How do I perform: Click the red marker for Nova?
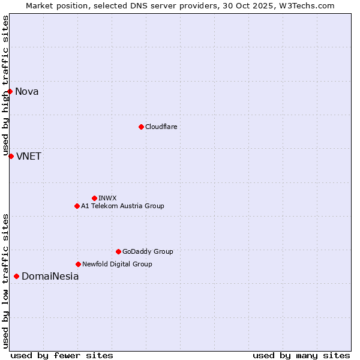click(10, 91)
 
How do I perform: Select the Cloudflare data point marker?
click(141, 127)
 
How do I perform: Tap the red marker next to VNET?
click(11, 156)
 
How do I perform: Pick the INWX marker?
click(94, 198)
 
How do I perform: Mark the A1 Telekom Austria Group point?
click(77, 206)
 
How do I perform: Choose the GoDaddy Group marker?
click(118, 251)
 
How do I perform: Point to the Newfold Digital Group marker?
click(78, 264)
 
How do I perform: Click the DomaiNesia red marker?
click(16, 276)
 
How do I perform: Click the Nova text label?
click(27, 91)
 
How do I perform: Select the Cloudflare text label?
click(161, 127)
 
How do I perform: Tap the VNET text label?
click(29, 156)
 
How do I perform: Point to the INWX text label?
click(107, 198)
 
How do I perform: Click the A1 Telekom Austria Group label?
click(122, 206)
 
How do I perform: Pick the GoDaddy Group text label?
click(148, 251)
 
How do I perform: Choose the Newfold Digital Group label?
click(117, 264)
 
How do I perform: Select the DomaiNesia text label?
click(50, 276)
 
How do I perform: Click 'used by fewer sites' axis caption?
click(62, 355)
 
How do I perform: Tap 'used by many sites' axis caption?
click(301, 355)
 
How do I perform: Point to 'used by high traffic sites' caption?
click(5, 86)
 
